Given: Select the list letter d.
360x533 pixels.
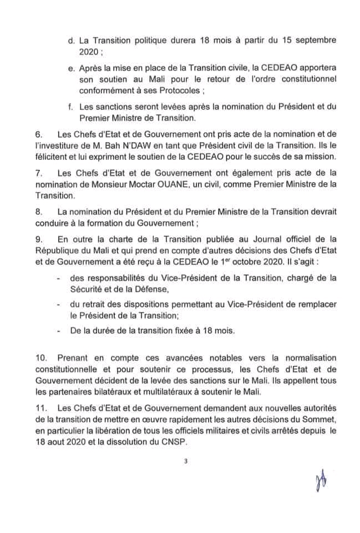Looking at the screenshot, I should pyautogui.click(x=70, y=41).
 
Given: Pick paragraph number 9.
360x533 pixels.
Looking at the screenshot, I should pyautogui.click(x=39, y=239).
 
